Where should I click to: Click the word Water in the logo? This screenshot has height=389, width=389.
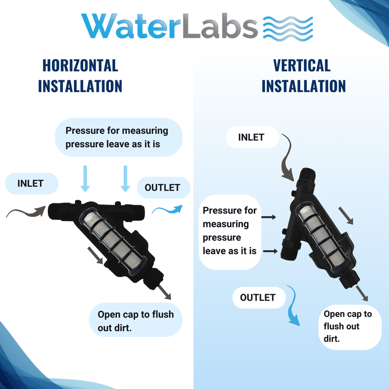pyautogui.click(x=131, y=26)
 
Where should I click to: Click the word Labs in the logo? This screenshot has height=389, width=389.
pyautogui.click(x=220, y=26)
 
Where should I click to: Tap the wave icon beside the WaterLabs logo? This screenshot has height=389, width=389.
pyautogui.click(x=288, y=29)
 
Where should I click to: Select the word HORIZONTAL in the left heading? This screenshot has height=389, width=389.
pyautogui.click(x=80, y=66)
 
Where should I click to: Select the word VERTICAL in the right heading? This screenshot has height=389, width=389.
pyautogui.click(x=301, y=66)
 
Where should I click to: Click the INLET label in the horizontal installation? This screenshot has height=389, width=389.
pyautogui.click(x=31, y=184)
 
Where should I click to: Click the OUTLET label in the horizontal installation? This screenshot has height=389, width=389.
pyautogui.click(x=162, y=188)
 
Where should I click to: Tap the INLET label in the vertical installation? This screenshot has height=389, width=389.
pyautogui.click(x=251, y=138)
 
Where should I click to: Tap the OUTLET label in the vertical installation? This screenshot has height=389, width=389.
pyautogui.click(x=258, y=298)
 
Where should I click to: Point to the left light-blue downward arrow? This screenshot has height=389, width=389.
pyautogui.click(x=85, y=178)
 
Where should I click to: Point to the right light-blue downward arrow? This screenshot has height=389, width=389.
pyautogui.click(x=125, y=178)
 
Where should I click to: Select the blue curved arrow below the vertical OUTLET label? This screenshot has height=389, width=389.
pyautogui.click(x=294, y=305)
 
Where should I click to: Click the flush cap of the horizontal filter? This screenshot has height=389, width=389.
pyautogui.click(x=155, y=278)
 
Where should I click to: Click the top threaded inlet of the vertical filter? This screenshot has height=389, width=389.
pyautogui.click(x=307, y=175)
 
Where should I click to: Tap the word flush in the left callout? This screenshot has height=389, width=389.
pyautogui.click(x=163, y=314)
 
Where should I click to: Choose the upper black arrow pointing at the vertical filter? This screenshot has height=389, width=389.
pyautogui.click(x=269, y=217)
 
